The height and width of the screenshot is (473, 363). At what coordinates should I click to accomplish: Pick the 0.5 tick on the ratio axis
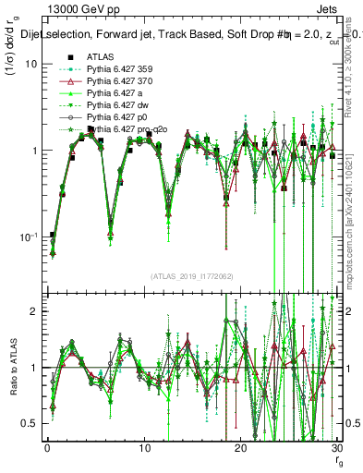pos(32,423)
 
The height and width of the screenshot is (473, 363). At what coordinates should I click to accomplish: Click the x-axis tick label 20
pos(240,446)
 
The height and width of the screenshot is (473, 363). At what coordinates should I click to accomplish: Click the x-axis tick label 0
pos(47,446)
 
